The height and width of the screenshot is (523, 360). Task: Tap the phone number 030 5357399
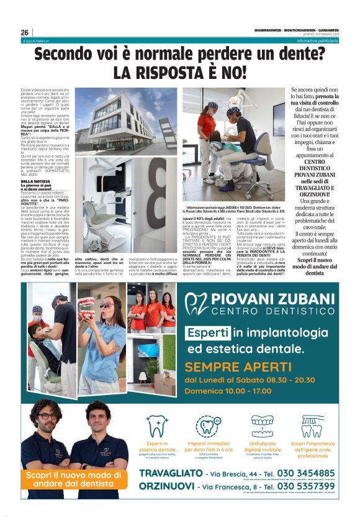point(308,486)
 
